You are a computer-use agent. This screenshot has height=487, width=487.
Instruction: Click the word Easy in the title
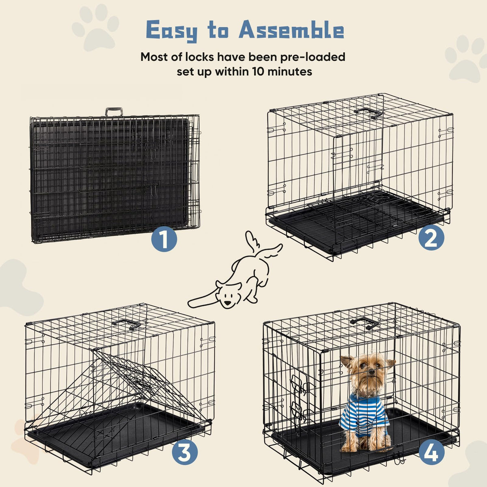(172, 31)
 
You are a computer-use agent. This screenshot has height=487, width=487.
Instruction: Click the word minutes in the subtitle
(290, 71)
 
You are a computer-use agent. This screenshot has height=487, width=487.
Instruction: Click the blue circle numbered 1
(164, 239)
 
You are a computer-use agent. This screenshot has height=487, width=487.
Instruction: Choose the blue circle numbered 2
(431, 237)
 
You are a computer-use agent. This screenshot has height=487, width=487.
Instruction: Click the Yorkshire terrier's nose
(371, 372)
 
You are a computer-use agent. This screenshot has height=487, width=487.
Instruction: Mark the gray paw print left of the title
(95, 28)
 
